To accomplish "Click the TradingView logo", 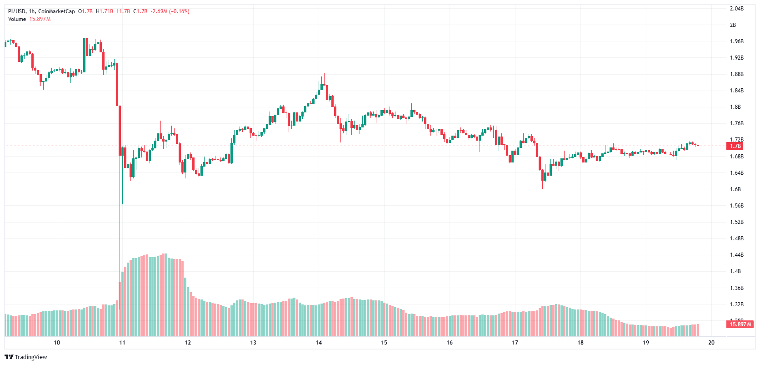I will pos(26,357).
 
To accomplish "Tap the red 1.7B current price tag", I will pos(735,146).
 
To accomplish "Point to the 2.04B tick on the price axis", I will pos(736,9).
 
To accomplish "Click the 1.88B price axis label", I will pos(736,74).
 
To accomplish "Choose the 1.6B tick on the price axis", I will pos(735,189).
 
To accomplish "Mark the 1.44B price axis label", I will pos(736,255).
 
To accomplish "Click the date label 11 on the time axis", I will pos(122,343).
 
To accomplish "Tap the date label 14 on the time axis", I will pos(319,343).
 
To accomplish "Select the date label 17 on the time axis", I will pos(515,343).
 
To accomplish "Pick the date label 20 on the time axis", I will pos(711,343).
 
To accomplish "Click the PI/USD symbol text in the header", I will pos(17,11).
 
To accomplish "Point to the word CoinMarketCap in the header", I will pos(56,11).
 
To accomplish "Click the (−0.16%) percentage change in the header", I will pos(179,11).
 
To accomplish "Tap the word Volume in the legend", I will pos(17,19).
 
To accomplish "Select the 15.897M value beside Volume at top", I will pos(40,19).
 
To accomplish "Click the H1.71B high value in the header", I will pos(105,11).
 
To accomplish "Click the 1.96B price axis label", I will pos(736,41).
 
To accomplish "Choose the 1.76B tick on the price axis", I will pos(736,123).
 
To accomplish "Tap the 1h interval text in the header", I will pos(32,11).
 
